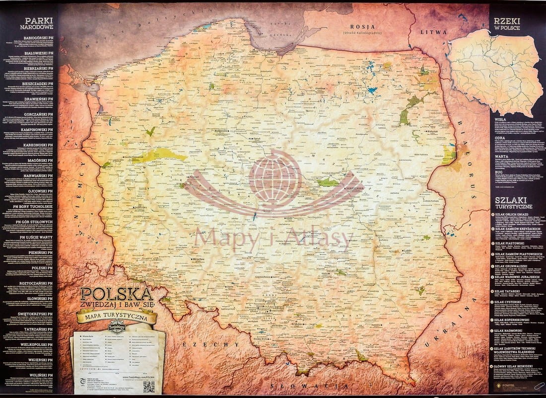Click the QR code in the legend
[x=149, y=387]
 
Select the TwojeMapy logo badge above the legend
[x=116, y=328]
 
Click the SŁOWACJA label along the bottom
[x=303, y=386]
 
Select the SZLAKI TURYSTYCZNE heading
[x=514, y=202]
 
